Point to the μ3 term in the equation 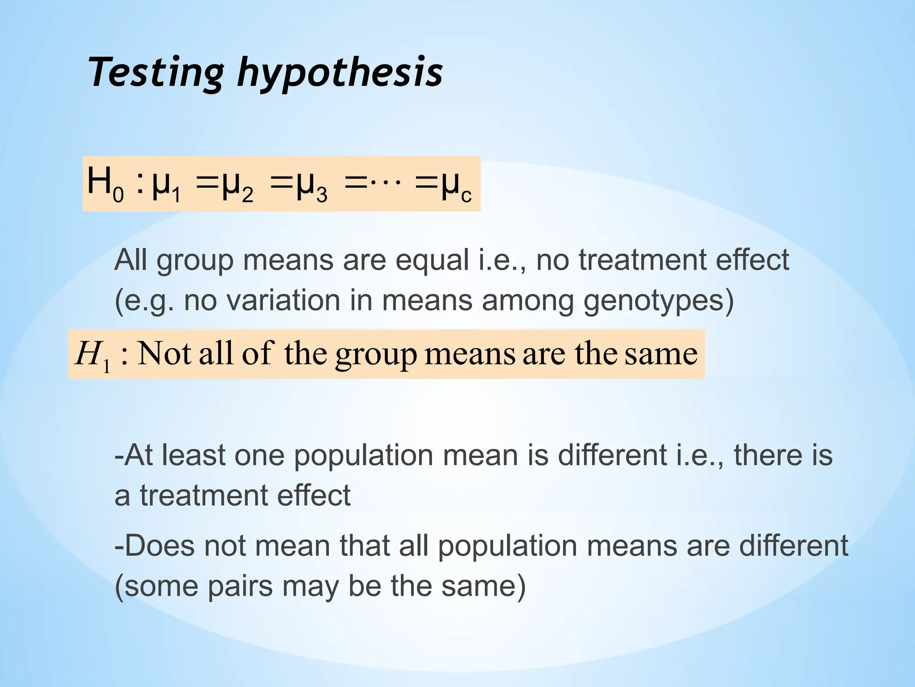click(311, 186)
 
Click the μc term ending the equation click(456, 186)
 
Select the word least click(193, 455)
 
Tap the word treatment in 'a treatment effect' click(203, 496)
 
